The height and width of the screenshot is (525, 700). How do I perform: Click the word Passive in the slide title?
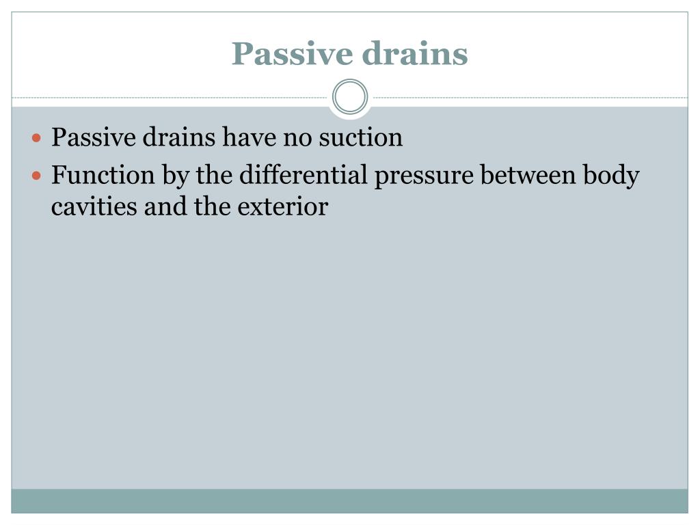[286, 54]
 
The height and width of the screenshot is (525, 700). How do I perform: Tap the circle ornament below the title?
[350, 97]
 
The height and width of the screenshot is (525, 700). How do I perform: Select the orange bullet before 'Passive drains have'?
[38, 138]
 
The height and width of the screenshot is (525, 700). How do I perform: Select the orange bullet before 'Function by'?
[38, 176]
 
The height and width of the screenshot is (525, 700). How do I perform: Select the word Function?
[103, 176]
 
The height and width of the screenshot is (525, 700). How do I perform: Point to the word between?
[528, 176]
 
